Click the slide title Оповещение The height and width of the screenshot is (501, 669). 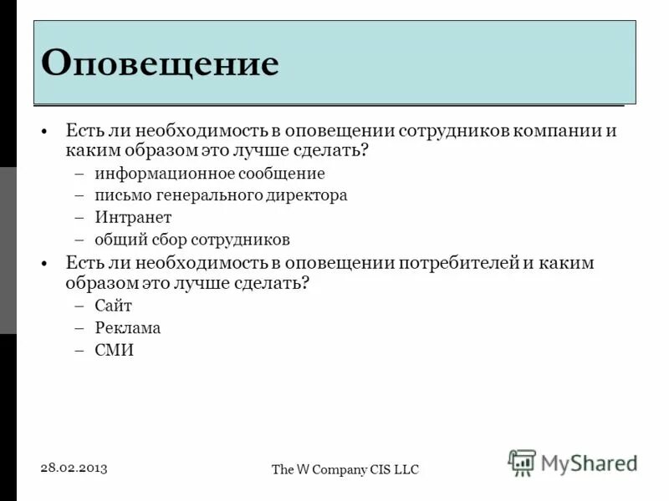point(160,63)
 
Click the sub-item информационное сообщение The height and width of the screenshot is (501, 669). point(209,174)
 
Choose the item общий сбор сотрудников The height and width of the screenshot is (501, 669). point(192,240)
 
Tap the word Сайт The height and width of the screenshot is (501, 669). point(113,306)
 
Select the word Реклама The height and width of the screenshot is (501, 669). point(127,328)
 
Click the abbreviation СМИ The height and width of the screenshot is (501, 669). point(114,351)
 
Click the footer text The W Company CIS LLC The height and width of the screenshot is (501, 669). point(345,470)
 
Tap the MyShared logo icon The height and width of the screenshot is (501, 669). point(522,462)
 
